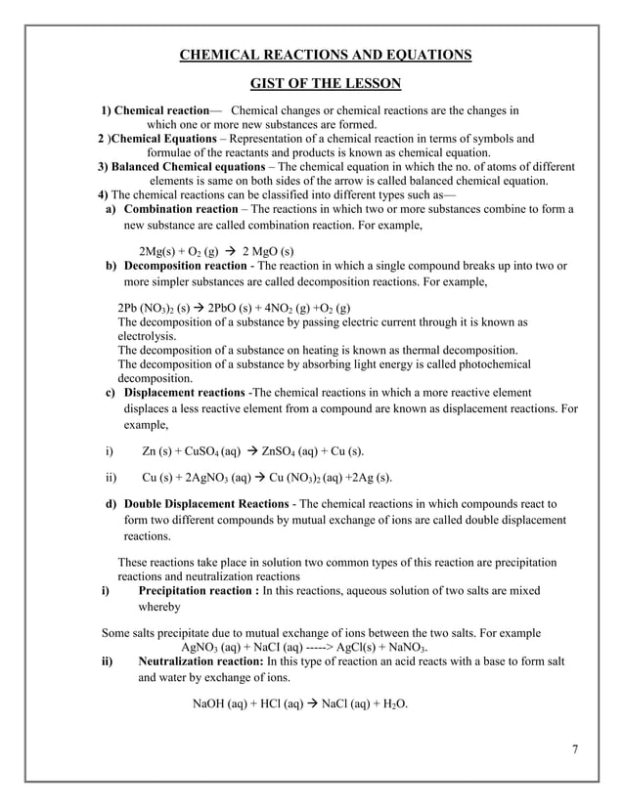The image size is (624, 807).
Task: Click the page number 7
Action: [x=575, y=750]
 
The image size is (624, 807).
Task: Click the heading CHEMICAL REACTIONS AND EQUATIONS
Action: [x=326, y=54]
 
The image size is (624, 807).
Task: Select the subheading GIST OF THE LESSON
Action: [x=326, y=85]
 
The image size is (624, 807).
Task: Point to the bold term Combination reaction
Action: [x=181, y=209]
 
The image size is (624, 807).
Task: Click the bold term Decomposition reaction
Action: [x=186, y=266]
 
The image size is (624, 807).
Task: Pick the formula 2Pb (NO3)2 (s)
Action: [x=153, y=308]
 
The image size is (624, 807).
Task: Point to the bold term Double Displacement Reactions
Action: [x=204, y=503]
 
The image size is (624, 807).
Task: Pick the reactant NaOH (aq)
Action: [x=220, y=703]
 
